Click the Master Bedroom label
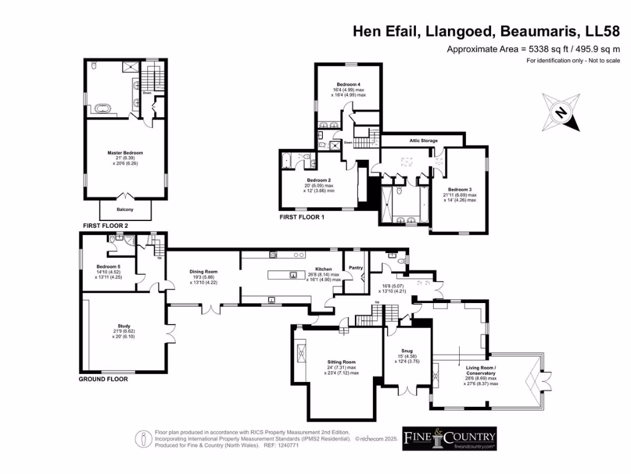125,153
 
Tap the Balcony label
125,210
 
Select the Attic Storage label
423,141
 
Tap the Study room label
124,326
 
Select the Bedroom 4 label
348,84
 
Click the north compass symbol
561,112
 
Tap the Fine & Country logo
449,438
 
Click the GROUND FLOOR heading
103,379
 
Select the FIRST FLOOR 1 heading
301,218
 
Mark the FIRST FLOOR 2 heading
104,227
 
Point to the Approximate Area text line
533,49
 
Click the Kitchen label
324,270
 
